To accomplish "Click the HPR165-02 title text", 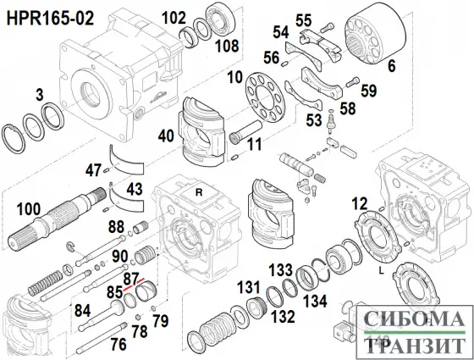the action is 50,18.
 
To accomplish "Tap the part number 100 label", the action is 29,209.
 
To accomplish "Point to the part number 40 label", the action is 166,136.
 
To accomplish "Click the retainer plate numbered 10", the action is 264,97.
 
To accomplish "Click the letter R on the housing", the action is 199,192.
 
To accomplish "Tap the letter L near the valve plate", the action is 382,271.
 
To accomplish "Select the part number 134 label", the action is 315,301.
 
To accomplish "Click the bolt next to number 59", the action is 352,82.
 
